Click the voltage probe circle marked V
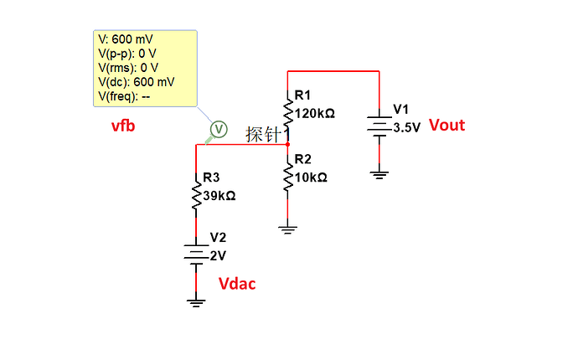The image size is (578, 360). point(219,129)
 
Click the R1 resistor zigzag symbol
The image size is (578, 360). point(288,112)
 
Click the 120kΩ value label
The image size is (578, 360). point(315,114)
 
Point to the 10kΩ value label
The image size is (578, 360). point(311,177)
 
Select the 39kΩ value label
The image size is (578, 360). point(219,196)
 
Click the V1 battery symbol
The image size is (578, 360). point(379,126)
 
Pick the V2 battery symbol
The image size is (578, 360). point(196,255)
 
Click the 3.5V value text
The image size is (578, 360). point(406,127)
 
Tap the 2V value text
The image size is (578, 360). point(218,255)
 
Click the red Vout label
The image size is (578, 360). point(446,126)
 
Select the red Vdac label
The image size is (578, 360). point(237,284)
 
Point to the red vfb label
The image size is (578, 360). point(123,126)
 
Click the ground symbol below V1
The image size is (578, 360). point(379,175)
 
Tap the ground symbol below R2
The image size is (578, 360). point(288,230)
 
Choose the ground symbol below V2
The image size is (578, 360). point(196,303)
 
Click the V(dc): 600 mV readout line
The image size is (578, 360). point(136,82)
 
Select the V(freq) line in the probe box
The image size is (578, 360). point(124,96)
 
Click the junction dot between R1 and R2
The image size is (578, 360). point(288,145)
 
